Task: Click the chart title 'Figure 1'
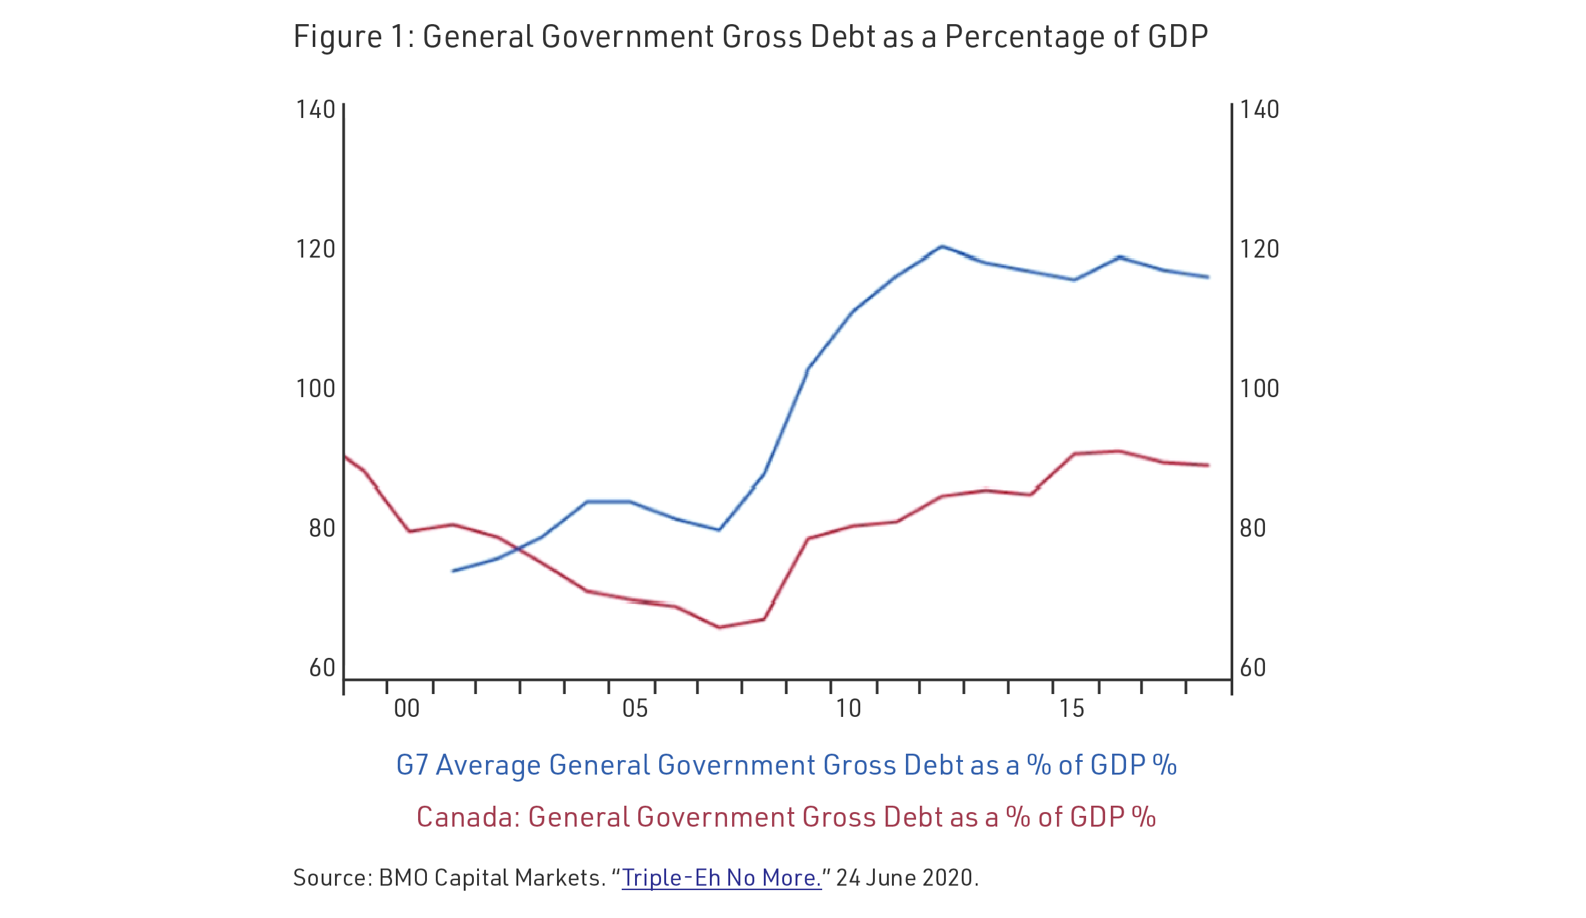[750, 37]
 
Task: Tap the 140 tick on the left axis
[315, 110]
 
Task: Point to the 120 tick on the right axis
[1259, 249]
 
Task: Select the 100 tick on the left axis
[315, 389]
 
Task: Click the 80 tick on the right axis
[1252, 528]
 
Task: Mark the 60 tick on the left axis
[322, 668]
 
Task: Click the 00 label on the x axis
[407, 709]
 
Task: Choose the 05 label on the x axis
[635, 709]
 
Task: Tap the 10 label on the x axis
[848, 709]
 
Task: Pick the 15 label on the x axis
[1072, 709]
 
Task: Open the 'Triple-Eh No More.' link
[721, 878]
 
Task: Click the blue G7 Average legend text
[787, 765]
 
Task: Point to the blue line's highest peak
[942, 246]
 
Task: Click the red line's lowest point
[719, 627]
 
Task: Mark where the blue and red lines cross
[515, 549]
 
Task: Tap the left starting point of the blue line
[453, 571]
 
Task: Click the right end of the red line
[1208, 466]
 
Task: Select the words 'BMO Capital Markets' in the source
[489, 878]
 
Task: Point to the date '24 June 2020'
[907, 878]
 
